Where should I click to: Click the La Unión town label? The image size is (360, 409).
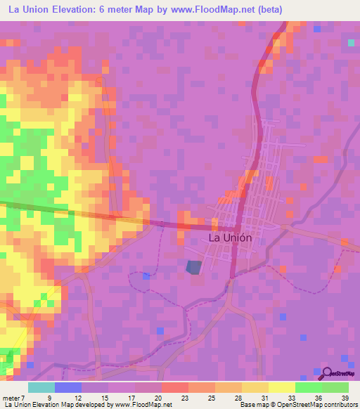tap(230, 238)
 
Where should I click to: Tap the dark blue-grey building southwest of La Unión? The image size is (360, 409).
tap(193, 267)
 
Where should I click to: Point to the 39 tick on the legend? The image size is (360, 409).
tap(344, 398)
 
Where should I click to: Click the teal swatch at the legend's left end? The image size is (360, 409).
tap(41, 387)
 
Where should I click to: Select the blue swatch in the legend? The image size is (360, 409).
tap(68, 387)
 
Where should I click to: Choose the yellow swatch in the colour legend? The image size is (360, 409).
tap(282, 387)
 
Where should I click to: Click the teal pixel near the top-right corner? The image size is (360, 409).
tap(351, 43)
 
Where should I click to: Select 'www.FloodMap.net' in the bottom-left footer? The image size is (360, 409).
tap(137, 405)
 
